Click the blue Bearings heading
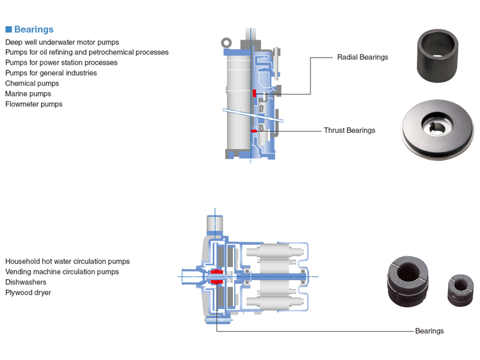tap(34, 29)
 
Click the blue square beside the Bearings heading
tap(9, 29)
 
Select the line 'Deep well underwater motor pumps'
tap(62, 42)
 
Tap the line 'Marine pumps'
tap(28, 93)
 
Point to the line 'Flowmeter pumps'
tap(34, 104)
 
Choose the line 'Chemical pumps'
tap(32, 83)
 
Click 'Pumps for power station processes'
tap(61, 63)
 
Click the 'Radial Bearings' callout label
tap(362, 57)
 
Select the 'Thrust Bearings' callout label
tap(349, 130)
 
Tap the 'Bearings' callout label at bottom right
tap(429, 331)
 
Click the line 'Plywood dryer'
tap(28, 292)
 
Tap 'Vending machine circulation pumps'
tap(62, 272)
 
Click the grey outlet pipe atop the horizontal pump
tap(214, 226)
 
